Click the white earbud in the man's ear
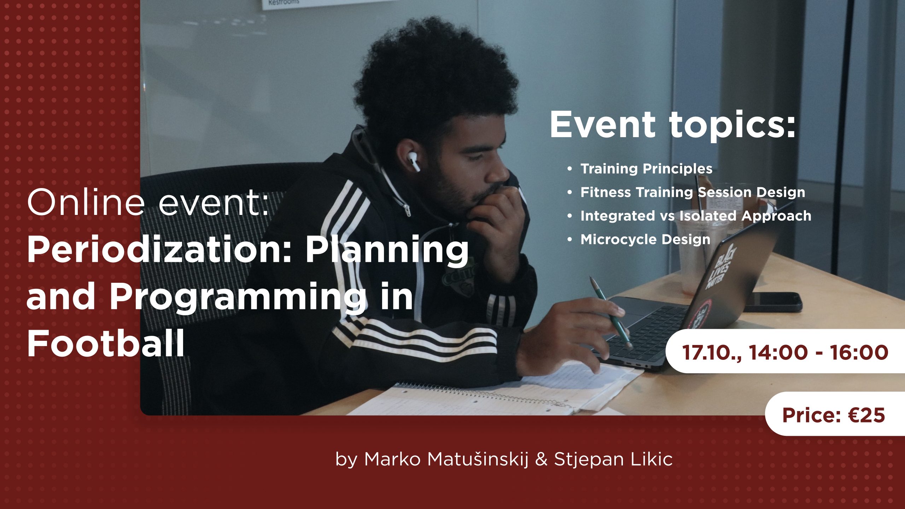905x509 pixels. tap(413, 161)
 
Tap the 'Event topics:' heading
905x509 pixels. tap(673, 124)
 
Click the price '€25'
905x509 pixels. tap(866, 415)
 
